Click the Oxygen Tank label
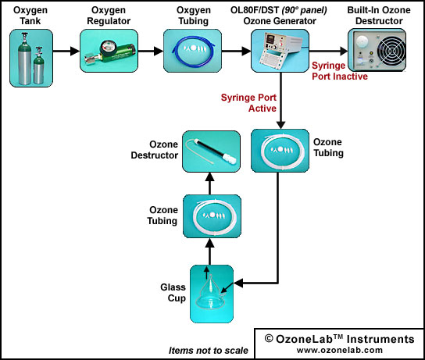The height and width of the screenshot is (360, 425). (x=30, y=16)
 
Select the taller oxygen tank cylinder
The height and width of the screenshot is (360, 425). (x=24, y=59)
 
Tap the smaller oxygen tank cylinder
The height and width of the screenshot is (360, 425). (x=38, y=66)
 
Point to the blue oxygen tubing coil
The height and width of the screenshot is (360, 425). (x=194, y=52)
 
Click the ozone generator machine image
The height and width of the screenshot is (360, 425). (x=279, y=51)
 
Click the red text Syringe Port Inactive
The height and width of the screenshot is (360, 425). (x=340, y=71)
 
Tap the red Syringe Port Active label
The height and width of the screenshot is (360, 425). (x=248, y=103)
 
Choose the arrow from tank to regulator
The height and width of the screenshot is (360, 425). (x=66, y=51)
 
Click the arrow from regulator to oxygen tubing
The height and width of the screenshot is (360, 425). (x=151, y=51)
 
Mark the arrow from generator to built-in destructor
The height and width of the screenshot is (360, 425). (x=328, y=51)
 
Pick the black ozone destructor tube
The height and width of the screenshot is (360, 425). (x=209, y=151)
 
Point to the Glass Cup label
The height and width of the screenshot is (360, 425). (x=173, y=293)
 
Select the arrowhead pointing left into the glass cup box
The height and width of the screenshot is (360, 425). (x=238, y=283)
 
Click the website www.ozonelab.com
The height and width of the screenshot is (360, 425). (x=340, y=350)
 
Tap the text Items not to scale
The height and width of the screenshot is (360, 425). (x=208, y=351)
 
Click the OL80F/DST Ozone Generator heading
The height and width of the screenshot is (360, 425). (x=279, y=16)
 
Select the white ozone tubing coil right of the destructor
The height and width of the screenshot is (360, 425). (x=280, y=151)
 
